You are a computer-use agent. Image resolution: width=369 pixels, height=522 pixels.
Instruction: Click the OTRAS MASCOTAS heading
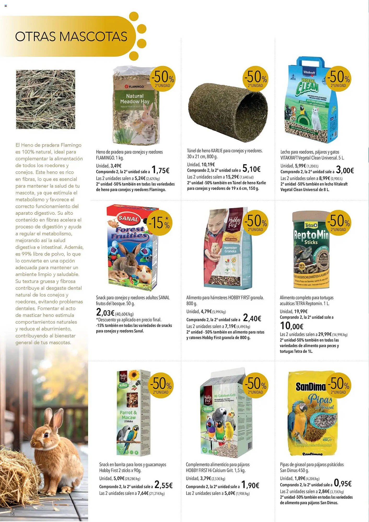[71, 37]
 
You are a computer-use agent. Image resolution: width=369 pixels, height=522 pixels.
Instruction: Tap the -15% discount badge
[159, 223]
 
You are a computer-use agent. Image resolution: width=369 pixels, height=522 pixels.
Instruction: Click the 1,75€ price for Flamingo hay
[160, 170]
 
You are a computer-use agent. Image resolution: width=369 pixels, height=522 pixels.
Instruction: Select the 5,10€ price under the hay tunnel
[251, 169]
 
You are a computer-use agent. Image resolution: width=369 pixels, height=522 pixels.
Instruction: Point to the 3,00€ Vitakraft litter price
[345, 170]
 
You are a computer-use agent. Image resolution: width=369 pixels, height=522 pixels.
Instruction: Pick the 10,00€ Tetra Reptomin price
[292, 326]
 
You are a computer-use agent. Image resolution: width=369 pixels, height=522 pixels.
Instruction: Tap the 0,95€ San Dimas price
[343, 484]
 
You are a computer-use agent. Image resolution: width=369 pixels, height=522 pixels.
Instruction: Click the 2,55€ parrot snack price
[163, 485]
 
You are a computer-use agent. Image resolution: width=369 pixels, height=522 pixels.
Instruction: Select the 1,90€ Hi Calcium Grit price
[250, 485]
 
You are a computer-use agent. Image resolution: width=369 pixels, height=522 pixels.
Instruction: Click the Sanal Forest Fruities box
[132, 248]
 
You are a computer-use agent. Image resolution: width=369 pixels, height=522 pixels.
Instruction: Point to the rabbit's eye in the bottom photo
[46, 435]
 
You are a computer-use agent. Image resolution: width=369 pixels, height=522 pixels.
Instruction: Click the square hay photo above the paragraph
[45, 99]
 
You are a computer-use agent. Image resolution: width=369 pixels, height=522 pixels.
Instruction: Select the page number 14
[12, 514]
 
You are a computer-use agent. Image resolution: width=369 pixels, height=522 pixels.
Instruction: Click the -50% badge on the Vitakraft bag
[338, 79]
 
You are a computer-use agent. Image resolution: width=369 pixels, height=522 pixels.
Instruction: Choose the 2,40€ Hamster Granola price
[252, 318]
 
